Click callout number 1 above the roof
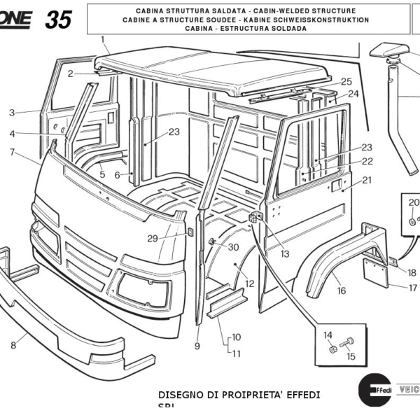pyautogui.click(x=103, y=39)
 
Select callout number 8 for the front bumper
pyautogui.click(x=13, y=344)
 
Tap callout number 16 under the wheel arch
pyautogui.click(x=341, y=291)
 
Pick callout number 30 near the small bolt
pyautogui.click(x=233, y=247)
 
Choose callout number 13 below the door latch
pyautogui.click(x=284, y=254)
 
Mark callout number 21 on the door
pyautogui.click(x=367, y=180)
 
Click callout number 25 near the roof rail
pyautogui.click(x=346, y=82)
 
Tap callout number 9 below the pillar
pyautogui.click(x=198, y=346)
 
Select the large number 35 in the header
pyautogui.click(x=59, y=20)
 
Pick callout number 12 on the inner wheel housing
pyautogui.click(x=249, y=283)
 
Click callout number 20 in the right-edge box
pyautogui.click(x=413, y=202)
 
